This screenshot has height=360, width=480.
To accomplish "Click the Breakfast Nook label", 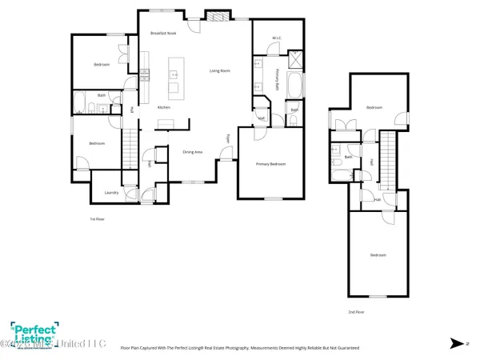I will [165, 33].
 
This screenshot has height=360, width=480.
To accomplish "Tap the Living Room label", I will [220, 71].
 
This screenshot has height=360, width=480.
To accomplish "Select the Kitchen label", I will [163, 107].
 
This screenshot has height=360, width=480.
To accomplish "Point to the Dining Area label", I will [193, 151].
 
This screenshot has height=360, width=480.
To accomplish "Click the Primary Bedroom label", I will [271, 164].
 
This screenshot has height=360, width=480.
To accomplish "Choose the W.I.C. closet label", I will [276, 38].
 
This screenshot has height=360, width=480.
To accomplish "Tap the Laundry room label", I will [111, 192].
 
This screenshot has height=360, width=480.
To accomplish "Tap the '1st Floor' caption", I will [96, 218].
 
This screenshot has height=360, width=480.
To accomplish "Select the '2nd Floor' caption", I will [357, 311].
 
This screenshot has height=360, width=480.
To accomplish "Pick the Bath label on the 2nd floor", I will [348, 157].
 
